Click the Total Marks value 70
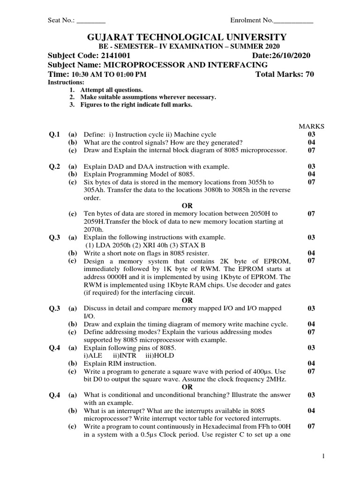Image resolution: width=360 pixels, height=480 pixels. [x=309, y=74]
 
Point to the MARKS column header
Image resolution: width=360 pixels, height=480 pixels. [x=311, y=127]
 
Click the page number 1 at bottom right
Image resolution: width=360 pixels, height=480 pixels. [x=323, y=456]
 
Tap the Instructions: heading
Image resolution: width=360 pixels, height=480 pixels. [x=63, y=82]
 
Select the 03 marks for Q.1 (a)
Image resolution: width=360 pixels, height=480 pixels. [x=311, y=135]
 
